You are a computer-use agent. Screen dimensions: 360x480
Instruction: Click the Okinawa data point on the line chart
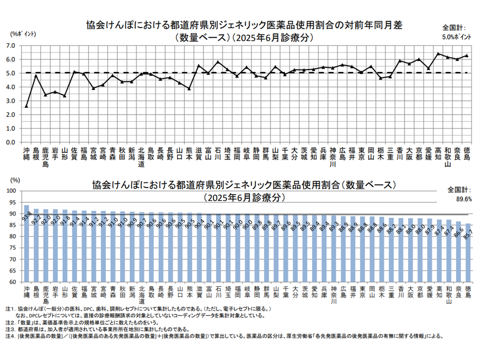tap(26, 106)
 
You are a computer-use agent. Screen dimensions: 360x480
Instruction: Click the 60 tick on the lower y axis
tap(13, 282)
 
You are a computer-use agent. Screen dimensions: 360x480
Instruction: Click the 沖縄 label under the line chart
tap(26, 153)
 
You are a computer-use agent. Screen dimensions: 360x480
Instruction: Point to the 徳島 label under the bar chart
tap(467, 292)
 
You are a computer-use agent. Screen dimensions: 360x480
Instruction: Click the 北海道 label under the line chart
tap(141, 156)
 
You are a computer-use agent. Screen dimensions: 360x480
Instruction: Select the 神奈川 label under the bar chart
tap(332, 295)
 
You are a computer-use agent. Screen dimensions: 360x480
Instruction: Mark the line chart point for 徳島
tap(466, 55)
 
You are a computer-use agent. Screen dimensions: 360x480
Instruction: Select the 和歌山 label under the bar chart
tap(448, 295)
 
